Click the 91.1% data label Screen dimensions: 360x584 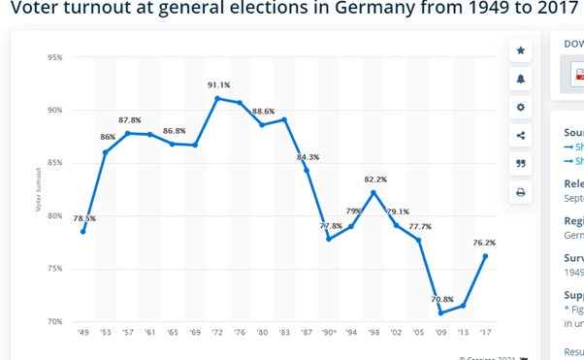click(x=218, y=85)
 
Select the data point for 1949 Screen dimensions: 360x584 click(x=83, y=231)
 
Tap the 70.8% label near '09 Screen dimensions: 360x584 click(x=442, y=299)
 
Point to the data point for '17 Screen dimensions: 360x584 click(x=485, y=256)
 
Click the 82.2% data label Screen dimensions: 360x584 click(x=375, y=180)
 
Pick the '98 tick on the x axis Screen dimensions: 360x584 click(x=373, y=332)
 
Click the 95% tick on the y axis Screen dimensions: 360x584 click(x=54, y=57)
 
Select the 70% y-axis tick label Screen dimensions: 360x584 click(x=54, y=321)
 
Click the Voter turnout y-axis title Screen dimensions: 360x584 click(x=39, y=189)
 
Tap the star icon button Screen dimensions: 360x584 click(x=521, y=50)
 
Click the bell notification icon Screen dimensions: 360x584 click(x=521, y=79)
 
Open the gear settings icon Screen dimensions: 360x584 click(x=521, y=107)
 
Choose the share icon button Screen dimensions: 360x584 click(x=521, y=136)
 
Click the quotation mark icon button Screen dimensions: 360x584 click(x=521, y=164)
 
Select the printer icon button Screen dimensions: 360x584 click(x=521, y=192)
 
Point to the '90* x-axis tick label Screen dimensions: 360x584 click(x=329, y=332)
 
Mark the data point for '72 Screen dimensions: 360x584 click(x=217, y=98)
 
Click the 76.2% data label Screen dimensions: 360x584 click(x=484, y=244)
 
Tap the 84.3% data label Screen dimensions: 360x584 click(x=308, y=157)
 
